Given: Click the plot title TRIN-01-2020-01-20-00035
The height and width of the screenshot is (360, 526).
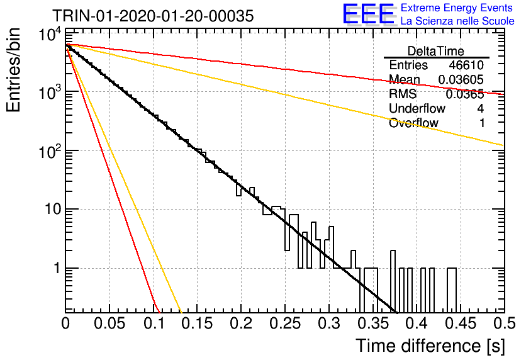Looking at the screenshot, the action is [x=153, y=16].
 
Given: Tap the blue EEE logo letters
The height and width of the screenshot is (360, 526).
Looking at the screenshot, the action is [x=368, y=14].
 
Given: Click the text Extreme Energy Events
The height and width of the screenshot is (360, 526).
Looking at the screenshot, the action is [x=457, y=8].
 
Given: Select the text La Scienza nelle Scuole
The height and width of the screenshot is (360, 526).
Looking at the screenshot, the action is [x=457, y=21].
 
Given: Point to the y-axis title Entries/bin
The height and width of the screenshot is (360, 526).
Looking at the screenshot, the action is [x=13, y=70].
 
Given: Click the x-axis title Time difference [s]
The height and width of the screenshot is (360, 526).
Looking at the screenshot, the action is [x=430, y=346].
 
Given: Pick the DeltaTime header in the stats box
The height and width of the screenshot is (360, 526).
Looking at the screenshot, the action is [x=436, y=51].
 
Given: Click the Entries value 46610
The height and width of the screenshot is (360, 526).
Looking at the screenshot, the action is [x=466, y=65].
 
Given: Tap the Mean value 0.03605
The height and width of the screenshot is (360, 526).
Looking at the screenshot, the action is [x=461, y=79].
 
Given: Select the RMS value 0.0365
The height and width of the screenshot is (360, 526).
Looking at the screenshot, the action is [x=464, y=94].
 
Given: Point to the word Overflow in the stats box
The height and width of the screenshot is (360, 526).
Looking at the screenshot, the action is [x=413, y=123].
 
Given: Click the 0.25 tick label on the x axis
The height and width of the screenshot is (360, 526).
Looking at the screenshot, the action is [x=285, y=323].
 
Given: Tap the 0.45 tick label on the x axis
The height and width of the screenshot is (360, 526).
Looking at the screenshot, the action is [x=461, y=323].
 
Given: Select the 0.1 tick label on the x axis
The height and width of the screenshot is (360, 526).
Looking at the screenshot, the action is [x=154, y=323].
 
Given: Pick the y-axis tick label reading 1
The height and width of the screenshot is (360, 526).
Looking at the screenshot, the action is [x=58, y=268].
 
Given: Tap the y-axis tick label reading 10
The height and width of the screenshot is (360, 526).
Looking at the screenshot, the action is [x=53, y=210].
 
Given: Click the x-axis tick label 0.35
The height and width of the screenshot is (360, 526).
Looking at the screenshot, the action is [x=373, y=323].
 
